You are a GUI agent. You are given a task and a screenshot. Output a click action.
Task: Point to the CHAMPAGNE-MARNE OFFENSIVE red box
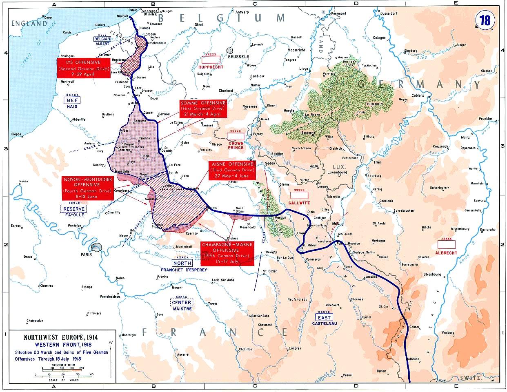tap(227, 253)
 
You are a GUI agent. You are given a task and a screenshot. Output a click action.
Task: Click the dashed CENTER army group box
tap(182, 303)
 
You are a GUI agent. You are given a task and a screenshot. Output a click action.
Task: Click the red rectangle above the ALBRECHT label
tap(446, 244)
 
